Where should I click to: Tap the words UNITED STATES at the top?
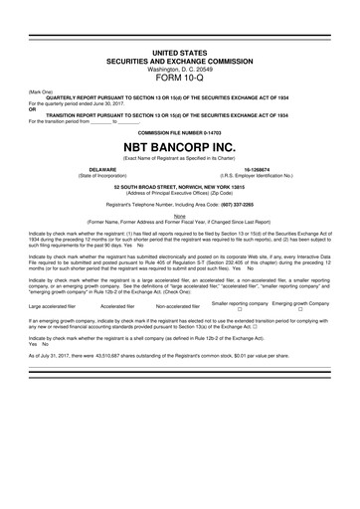(x=179, y=50)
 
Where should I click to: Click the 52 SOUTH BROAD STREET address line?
(x=179, y=186)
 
